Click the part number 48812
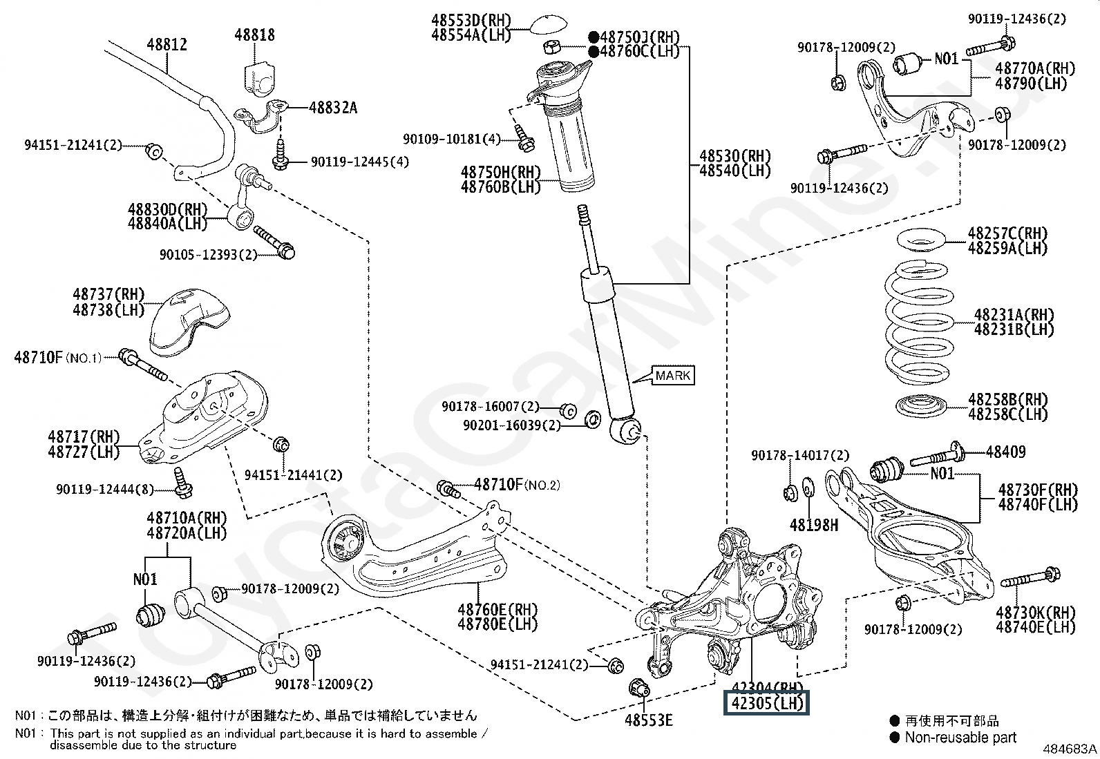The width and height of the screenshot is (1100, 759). (167, 45)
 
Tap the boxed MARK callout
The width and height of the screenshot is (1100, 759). (673, 376)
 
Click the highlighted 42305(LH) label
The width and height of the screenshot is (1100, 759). (766, 704)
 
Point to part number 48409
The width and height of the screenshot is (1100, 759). (1005, 452)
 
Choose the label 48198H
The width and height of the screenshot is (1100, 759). (814, 526)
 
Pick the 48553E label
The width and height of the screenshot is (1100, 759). (648, 720)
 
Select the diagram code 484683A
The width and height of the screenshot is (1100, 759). (1070, 749)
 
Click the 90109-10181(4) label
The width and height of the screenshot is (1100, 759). (451, 140)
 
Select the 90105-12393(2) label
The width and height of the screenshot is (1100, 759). (208, 254)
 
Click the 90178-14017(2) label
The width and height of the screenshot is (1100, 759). (800, 456)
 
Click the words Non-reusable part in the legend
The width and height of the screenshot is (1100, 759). (960, 738)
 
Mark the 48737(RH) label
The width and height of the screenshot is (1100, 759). (108, 295)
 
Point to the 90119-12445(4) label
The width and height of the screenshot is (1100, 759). (359, 162)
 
